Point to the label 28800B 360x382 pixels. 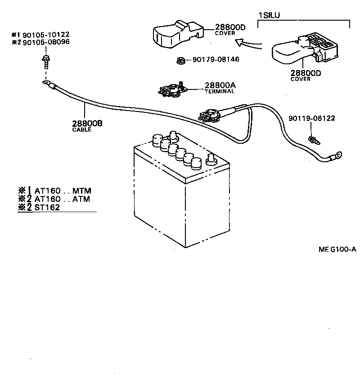[87, 124]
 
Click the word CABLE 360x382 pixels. [81, 130]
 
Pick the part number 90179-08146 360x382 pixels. [216, 59]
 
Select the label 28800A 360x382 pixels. [220, 85]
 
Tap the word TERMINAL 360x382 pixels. [220, 91]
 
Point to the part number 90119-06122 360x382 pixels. [312, 119]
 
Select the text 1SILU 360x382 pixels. [269, 16]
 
